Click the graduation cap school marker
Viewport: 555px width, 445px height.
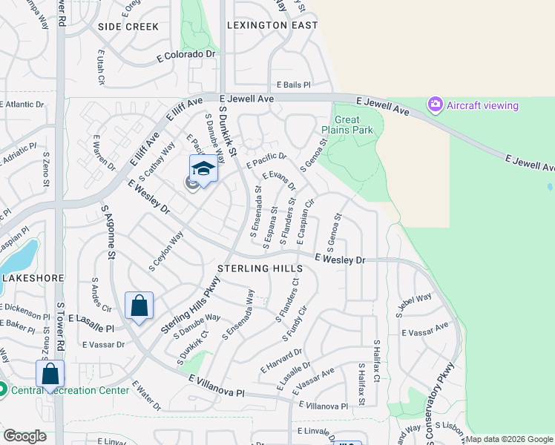tap(203, 169)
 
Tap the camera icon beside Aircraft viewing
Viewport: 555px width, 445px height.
tap(436, 105)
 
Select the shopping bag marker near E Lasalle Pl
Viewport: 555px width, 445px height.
tap(139, 306)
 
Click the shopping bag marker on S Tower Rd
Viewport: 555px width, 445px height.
tap(50, 374)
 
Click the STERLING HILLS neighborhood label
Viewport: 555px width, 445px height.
tap(259, 268)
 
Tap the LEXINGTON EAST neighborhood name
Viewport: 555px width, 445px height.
tap(272, 25)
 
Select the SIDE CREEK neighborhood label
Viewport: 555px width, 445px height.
tap(128, 27)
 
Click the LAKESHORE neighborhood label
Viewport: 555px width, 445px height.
tap(29, 277)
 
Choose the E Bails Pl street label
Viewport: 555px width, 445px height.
tap(293, 85)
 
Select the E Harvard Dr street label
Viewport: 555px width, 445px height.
tap(281, 360)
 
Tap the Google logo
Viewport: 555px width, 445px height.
tap(24, 436)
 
